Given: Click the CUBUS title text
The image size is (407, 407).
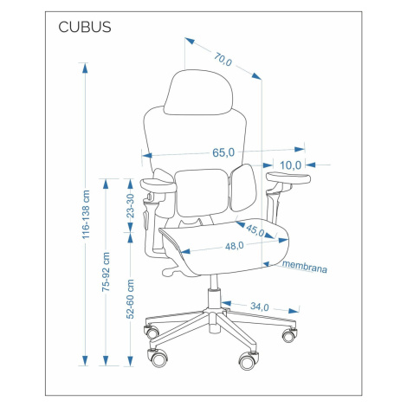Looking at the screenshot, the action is pyautogui.click(x=85, y=27).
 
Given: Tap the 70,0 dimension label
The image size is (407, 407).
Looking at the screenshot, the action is pyautogui.click(x=223, y=59).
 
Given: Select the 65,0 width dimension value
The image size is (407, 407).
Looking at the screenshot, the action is pyautogui.click(x=223, y=152).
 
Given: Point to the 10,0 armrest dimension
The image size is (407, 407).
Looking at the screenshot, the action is pyautogui.click(x=290, y=165).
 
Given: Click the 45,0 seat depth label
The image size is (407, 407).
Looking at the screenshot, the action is pyautogui.click(x=255, y=230).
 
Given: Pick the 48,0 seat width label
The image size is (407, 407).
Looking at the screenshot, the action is pyautogui.click(x=234, y=246).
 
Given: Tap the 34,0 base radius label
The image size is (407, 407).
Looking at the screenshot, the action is pyautogui.click(x=260, y=307).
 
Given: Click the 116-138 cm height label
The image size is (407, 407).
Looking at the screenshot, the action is pyautogui.click(x=86, y=215).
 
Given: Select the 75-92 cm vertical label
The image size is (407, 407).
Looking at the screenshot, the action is pyautogui.click(x=106, y=272).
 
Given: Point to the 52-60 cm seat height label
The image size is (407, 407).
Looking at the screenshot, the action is pyautogui.click(x=131, y=299).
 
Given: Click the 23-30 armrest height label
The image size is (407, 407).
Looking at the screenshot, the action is pyautogui.click(x=131, y=205).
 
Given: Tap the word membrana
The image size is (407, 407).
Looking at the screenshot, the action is pyautogui.click(x=305, y=267).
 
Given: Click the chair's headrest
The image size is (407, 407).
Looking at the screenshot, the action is pyautogui.click(x=198, y=93).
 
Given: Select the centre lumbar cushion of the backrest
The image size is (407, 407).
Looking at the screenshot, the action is pyautogui.click(x=202, y=192).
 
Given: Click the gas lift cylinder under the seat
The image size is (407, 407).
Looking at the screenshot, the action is pyautogui.click(x=214, y=292).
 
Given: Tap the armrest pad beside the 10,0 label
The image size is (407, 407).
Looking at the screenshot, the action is pyautogui.click(x=288, y=178).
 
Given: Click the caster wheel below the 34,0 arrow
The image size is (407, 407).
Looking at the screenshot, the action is pyautogui.click(x=289, y=335).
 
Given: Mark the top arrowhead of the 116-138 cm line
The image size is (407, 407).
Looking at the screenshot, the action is pyautogui.click(x=85, y=68).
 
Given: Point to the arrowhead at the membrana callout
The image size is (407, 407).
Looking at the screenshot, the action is pyautogui.click(x=267, y=264).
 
